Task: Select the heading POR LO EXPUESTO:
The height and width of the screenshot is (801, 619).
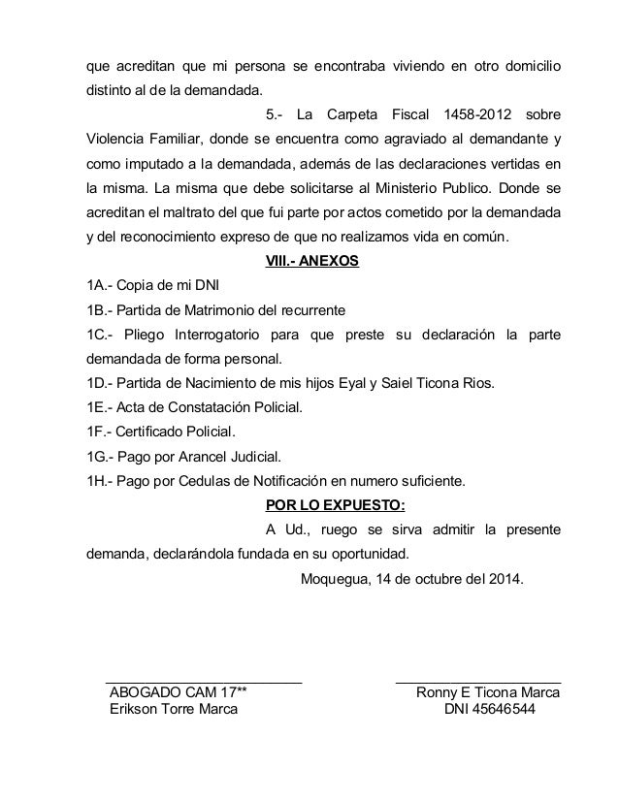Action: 335,504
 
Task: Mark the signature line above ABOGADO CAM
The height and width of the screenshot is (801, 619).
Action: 204,682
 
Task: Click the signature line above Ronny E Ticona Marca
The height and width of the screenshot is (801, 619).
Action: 478,682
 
